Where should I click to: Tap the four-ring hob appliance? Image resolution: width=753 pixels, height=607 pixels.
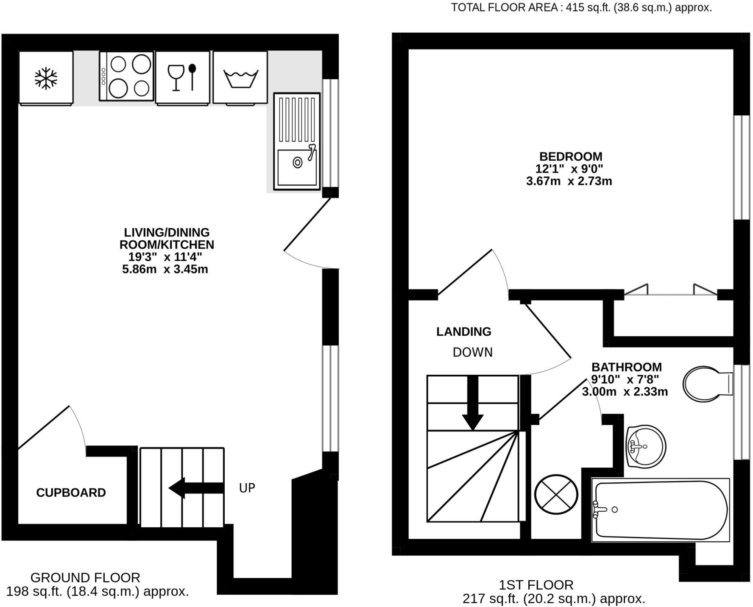pos(126,76)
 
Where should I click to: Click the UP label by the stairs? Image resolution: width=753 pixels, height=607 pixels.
pos(247,488)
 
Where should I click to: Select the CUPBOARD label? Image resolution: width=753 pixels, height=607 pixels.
pos(71,493)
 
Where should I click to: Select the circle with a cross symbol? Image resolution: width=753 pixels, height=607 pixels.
pos(556,494)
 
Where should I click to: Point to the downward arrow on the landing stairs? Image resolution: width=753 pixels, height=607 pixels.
pos(472,403)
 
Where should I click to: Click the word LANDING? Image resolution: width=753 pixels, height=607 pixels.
pos(464,331)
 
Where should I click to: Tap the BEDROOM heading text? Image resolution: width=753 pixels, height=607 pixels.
pos(570,156)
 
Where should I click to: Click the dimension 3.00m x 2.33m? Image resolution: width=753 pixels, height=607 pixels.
pos(625,392)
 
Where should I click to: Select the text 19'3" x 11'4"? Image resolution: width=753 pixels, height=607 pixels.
pos(165,257)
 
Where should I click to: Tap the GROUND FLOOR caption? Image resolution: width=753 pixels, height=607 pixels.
pos(85,578)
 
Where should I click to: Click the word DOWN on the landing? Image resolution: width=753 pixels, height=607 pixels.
pos(472,352)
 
